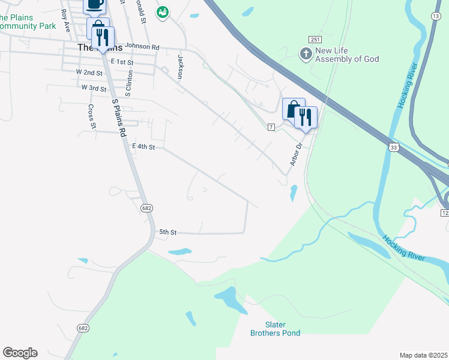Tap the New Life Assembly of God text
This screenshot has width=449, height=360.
347,55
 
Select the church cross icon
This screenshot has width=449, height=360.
306,55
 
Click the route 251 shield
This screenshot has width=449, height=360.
315,39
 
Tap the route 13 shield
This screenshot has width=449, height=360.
435,16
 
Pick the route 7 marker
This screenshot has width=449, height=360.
271,127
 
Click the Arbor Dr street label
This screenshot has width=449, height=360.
295,155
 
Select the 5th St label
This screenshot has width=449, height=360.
167,232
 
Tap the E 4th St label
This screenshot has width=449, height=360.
143,146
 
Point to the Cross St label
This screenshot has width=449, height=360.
92,116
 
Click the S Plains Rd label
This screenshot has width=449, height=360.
119,116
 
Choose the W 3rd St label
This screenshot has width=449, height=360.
94,88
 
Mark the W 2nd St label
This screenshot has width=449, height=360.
89,72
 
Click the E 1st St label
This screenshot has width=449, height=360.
121,62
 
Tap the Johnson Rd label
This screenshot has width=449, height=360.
142,47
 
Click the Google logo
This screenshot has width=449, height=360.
20,353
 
